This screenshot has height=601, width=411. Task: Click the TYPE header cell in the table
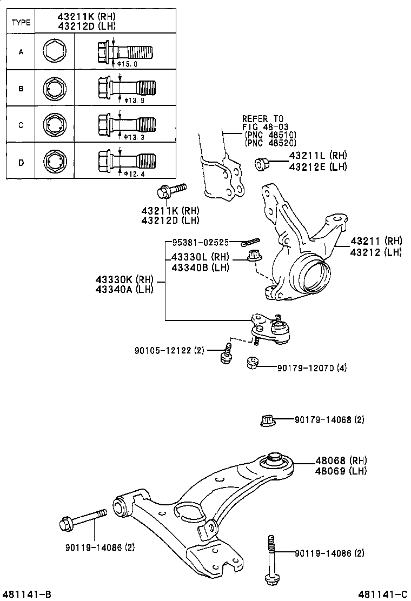coord(21,23)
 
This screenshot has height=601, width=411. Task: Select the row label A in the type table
coord(21,52)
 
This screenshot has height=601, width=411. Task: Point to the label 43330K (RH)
coord(125,279)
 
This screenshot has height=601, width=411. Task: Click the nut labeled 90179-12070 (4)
coord(252,363)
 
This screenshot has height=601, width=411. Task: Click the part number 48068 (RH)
coord(341,460)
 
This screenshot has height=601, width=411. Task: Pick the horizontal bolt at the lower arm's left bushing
coord(82,521)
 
